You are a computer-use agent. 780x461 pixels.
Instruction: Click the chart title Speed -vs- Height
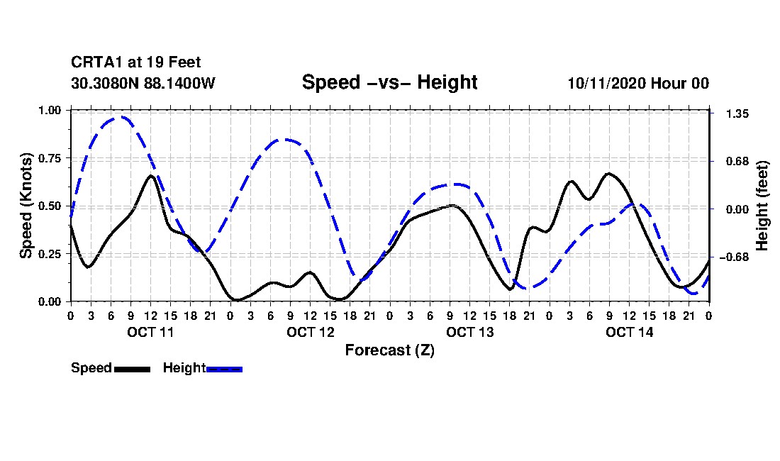coord(389,82)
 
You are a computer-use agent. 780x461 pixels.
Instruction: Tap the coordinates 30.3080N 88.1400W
coord(143,83)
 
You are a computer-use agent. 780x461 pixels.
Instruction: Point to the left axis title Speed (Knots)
coord(26,205)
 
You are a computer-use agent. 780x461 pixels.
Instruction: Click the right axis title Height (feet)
coord(762,206)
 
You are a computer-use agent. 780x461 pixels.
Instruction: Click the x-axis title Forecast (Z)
coord(389,350)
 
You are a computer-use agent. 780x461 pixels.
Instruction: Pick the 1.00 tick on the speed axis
coord(51,110)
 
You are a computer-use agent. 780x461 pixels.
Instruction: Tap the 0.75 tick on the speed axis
coord(51,158)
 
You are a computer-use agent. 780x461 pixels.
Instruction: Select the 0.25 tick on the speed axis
coord(51,254)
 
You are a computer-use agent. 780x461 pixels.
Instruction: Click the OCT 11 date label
coord(150,332)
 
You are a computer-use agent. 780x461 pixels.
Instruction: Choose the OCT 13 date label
coord(469,332)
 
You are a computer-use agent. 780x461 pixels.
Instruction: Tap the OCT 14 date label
coord(629,332)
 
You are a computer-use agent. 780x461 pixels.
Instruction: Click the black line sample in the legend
coord(131,369)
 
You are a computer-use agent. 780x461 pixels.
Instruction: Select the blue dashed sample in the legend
coord(224,369)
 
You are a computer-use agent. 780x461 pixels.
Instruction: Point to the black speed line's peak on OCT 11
coord(150,175)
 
